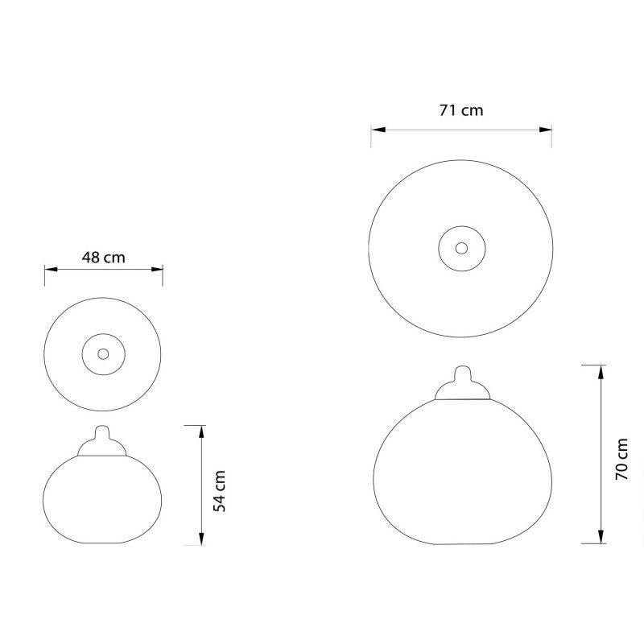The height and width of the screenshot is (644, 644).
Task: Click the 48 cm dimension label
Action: coord(104,258)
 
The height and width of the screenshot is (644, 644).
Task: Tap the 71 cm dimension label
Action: coord(461,110)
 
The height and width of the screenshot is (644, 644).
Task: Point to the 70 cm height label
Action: coord(621,460)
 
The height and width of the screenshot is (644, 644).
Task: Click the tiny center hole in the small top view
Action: coord(103,353)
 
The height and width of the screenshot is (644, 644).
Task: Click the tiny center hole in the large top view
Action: coord(461,247)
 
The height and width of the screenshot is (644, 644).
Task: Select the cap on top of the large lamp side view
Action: coord(460,385)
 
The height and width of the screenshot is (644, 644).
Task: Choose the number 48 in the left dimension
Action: coord(92,258)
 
